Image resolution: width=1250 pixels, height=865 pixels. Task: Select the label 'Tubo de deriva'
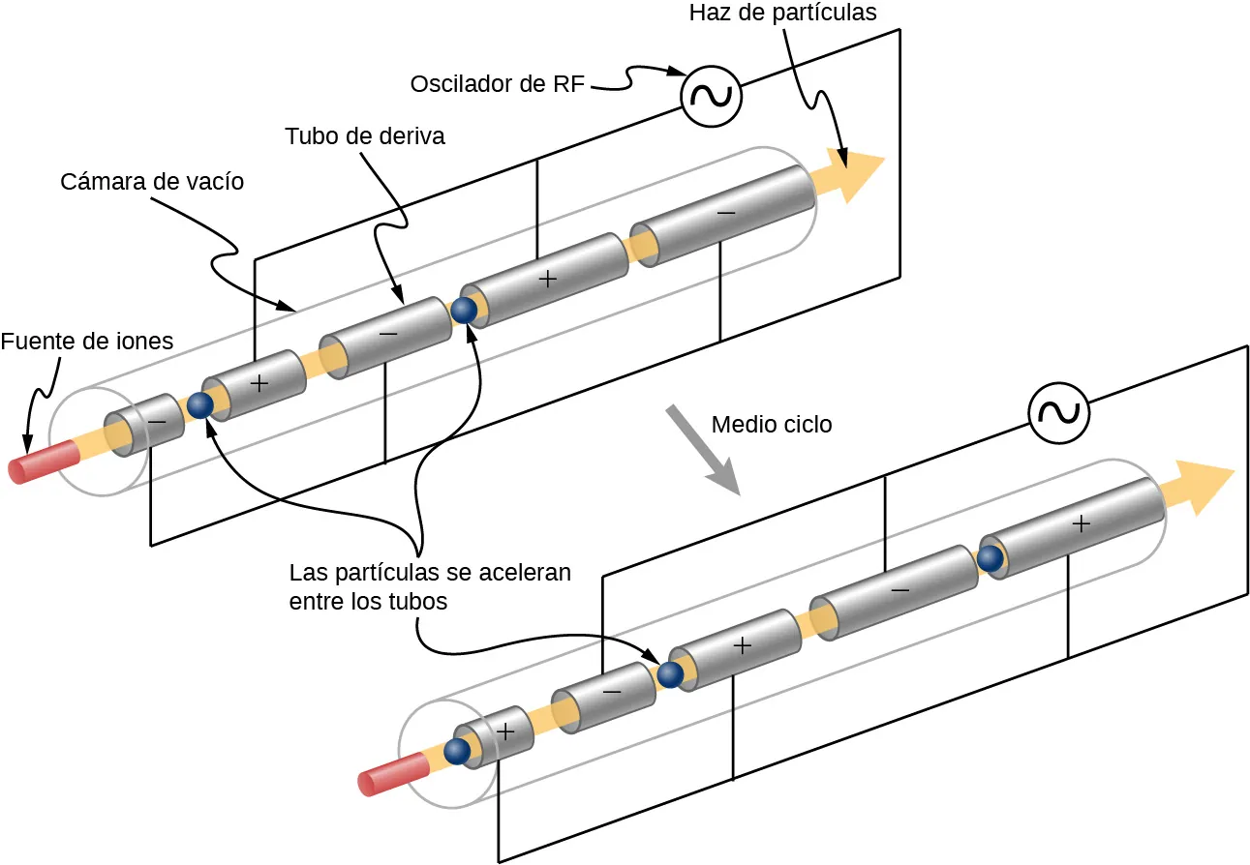point(365,136)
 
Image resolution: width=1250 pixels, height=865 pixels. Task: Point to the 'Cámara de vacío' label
point(152,182)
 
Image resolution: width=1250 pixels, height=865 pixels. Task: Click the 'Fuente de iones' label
point(87,342)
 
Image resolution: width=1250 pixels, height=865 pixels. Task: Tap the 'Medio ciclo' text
point(772,425)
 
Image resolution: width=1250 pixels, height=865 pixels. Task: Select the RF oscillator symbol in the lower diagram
point(1058,412)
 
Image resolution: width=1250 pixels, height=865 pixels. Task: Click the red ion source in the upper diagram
point(43,462)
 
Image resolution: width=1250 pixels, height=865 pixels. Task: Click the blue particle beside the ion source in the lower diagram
point(457,751)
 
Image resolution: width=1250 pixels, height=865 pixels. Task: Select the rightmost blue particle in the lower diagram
point(990,558)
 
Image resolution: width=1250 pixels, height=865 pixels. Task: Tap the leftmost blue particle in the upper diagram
point(200,405)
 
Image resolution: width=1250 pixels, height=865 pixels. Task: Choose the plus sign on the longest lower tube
point(1082,523)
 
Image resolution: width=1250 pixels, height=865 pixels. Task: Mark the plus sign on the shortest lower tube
point(504,732)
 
